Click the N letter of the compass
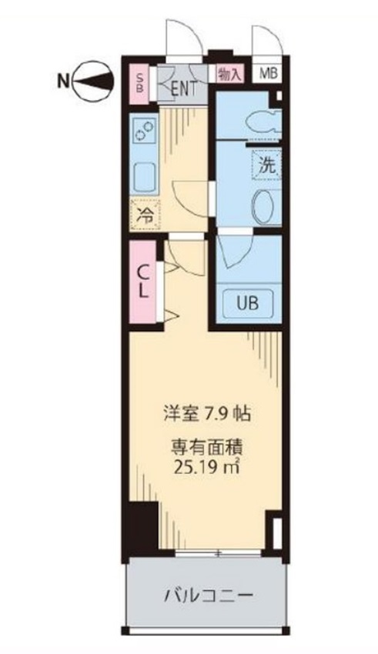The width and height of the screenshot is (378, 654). [63, 77]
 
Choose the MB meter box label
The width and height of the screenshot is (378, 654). [268, 75]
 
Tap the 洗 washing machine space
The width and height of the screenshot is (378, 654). [266, 164]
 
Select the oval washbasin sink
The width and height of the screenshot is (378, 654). [265, 205]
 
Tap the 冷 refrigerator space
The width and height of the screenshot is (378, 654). [145, 215]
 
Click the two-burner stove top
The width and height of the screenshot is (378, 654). [144, 131]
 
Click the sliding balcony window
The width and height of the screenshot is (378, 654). [219, 553]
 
